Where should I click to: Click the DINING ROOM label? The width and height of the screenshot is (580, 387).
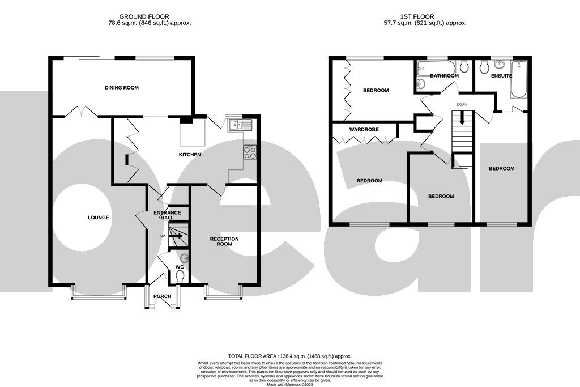pos(121,88)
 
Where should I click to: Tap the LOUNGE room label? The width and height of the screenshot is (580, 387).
pos(98,218)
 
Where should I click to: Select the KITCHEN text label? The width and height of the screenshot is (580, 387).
pos(190,155)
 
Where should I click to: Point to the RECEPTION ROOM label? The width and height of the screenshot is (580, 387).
pos(224,241)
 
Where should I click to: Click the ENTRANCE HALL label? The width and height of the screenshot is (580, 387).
pos(168,215)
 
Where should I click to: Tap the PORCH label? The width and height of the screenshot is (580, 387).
pos(162,296)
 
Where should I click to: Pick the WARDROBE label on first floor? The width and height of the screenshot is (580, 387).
pos(364,130)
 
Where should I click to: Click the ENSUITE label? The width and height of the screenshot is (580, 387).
pos(501,76)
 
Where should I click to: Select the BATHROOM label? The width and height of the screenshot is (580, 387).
pos(444,76)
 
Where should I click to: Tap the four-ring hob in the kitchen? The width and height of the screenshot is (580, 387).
pos(250,152)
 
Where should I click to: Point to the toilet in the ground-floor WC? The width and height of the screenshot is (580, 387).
pos(180,277)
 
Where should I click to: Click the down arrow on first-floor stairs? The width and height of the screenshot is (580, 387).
pos(462,119)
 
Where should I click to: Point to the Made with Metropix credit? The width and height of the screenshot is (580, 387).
pos(290,384)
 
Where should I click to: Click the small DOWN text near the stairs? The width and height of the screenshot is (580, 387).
pos(462,105)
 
